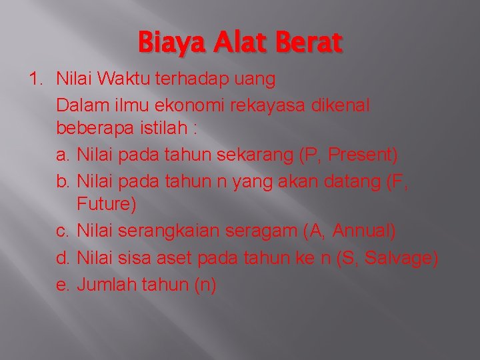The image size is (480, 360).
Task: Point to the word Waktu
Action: (x=126, y=80)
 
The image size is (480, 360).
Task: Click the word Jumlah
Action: (x=108, y=285)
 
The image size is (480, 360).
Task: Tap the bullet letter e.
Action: (x=63, y=285)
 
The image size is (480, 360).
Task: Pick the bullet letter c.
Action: (x=63, y=231)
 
